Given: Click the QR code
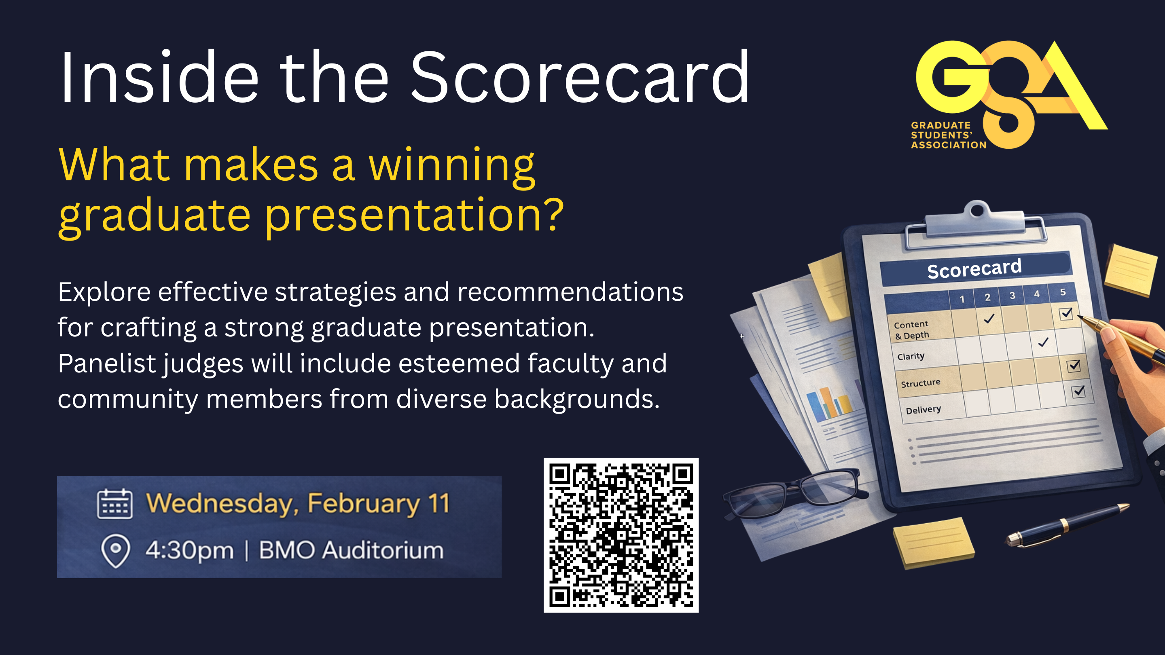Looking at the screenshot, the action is point(621,535).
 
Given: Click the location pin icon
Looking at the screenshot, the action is point(115,551).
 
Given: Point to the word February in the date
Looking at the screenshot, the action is point(364,505).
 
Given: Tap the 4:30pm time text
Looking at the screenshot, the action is point(189,551).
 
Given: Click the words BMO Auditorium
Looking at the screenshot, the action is point(351,551).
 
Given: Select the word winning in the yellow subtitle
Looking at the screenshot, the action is point(452,166).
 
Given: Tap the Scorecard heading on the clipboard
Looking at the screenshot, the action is point(974,268).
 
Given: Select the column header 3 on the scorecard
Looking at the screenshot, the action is point(1012,296).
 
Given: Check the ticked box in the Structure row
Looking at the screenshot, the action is point(1074,365).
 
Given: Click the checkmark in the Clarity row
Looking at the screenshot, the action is point(1043,342).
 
